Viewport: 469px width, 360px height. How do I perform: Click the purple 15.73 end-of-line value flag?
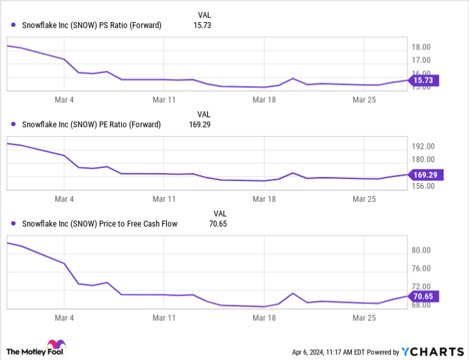pos(423,80)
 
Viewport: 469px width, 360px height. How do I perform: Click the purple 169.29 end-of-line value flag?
pos(425,175)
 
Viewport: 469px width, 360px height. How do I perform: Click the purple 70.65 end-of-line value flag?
pos(423,296)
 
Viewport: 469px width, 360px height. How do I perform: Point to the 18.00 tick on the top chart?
pos(421,48)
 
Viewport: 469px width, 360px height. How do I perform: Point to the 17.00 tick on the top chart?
pos(421,60)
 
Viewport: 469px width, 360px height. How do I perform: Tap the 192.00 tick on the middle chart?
pos(423,146)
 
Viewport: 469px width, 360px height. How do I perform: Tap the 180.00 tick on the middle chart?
pos(423,160)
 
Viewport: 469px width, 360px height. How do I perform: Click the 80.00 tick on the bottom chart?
pos(421,251)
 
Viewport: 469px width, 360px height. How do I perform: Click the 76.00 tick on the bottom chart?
pos(421,269)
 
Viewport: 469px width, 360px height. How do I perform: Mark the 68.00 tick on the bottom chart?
pos(421,305)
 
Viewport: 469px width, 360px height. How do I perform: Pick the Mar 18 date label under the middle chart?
pos(264,199)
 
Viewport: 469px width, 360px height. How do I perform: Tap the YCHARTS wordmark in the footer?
pos(432,351)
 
